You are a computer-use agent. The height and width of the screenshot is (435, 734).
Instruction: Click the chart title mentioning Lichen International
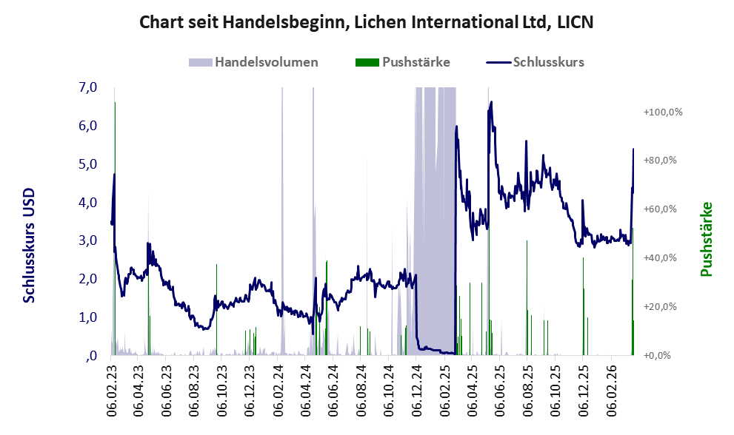(x=367, y=22)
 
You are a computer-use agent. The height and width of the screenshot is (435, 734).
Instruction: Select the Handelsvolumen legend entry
(x=267, y=62)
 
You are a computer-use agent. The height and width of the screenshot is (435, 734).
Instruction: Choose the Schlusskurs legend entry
(x=548, y=62)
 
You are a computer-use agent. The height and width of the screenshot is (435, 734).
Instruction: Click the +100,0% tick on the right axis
(x=662, y=112)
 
